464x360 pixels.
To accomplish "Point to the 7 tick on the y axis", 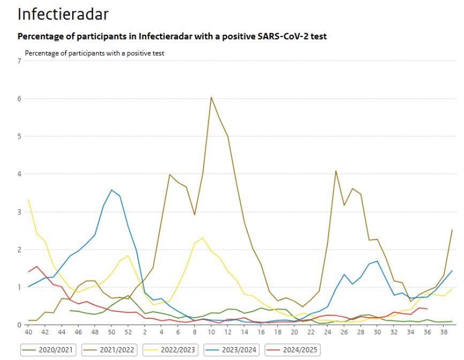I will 19,61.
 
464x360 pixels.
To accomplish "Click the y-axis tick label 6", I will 19,99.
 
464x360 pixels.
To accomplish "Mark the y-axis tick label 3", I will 19,212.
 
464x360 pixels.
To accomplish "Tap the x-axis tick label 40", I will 28,332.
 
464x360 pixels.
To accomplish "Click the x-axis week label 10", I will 211,332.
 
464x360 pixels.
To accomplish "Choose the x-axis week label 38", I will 444,332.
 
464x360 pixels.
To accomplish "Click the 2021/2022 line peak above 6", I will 211,97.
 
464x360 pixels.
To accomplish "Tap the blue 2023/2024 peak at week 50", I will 111,190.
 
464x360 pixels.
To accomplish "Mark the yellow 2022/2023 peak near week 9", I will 203,238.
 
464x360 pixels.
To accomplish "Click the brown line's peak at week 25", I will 336,171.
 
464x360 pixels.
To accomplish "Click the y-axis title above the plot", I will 94,53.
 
